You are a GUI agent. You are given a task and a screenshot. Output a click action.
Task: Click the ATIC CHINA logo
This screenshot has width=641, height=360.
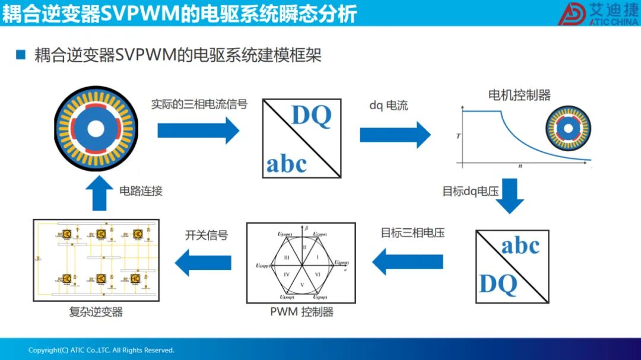coord(596,14)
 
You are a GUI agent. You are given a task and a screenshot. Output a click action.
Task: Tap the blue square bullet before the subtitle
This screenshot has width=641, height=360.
coord(21,55)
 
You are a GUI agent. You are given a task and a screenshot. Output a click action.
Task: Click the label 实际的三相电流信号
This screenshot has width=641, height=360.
coord(199,104)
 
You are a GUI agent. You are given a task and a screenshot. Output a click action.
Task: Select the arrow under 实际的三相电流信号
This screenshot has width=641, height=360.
coord(198,130)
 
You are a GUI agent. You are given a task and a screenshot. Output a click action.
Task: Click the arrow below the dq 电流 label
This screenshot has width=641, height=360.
coord(395,135)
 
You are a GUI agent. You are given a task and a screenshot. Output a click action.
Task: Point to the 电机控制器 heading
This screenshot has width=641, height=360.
coord(519,95)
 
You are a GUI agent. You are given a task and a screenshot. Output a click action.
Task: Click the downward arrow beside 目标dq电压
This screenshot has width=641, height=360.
coord(510,196)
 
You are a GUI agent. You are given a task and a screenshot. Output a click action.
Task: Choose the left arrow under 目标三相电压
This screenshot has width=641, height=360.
coord(408,262)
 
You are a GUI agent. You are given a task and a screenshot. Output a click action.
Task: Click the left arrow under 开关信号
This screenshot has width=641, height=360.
coord(203,262)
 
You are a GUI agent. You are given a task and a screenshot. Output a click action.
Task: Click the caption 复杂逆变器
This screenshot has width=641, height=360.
coord(96,312)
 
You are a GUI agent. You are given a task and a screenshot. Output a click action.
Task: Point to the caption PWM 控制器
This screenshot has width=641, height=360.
coord(302,312)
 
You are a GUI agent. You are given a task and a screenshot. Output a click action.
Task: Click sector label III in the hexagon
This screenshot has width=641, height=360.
coord(287,257)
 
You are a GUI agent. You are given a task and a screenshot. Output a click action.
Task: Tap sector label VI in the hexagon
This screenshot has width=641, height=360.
coord(317,274)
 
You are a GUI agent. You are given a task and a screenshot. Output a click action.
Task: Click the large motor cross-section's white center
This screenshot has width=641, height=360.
coord(94,130)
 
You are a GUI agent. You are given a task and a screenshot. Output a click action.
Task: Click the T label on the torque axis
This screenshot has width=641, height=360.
coord(458,136)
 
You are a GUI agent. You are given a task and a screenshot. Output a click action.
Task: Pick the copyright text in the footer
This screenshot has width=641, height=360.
coord(101,350)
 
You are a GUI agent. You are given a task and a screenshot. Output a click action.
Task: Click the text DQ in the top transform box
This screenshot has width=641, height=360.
coord(311,116)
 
